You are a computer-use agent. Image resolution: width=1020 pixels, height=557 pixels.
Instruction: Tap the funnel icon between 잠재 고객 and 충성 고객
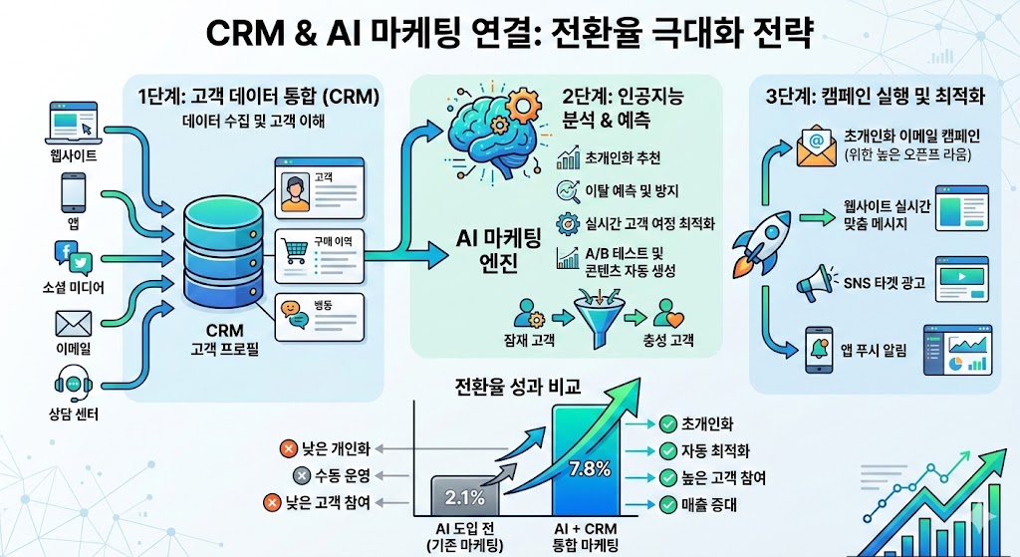pos(597,310)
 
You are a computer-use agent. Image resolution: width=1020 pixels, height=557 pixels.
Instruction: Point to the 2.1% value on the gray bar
pos(465,496)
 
